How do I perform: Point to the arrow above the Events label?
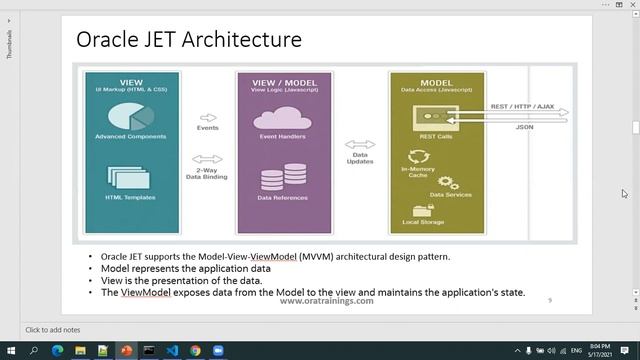[208, 117]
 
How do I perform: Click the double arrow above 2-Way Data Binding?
[207, 159]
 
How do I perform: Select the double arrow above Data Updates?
[360, 144]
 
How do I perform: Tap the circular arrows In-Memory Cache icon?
[417, 156]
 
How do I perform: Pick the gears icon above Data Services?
[446, 183]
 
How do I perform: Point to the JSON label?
[524, 127]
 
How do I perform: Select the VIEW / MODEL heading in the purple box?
[283, 82]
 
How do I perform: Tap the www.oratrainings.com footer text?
[326, 301]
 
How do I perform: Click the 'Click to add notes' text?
[53, 330]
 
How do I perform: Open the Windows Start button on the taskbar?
[9, 351]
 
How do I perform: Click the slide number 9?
[549, 300]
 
